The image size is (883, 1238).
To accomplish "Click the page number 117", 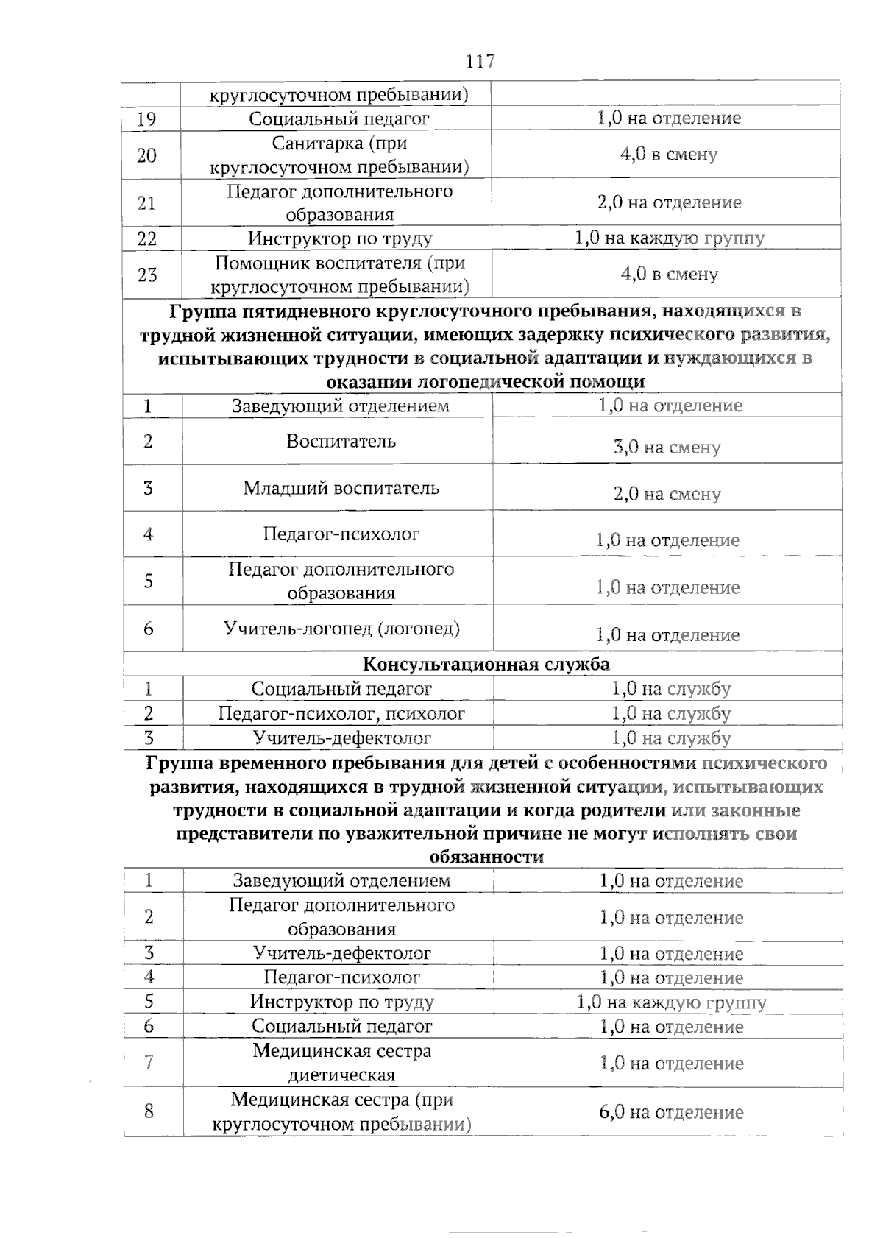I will [x=480, y=62].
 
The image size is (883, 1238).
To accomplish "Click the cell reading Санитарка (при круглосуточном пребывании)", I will [x=339, y=155].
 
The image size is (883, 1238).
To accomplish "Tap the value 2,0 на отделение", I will [x=669, y=202].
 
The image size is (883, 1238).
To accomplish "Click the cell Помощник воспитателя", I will [x=339, y=274].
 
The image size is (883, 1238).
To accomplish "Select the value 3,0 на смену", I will [x=667, y=448].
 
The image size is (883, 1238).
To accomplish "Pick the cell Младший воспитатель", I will [x=341, y=488].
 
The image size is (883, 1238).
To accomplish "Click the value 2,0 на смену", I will [x=667, y=494].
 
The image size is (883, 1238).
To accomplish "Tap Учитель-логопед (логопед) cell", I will [x=341, y=629].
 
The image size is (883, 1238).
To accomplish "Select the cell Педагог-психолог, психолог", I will [x=341, y=713].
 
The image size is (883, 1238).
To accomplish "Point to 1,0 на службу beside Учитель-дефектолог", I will [x=670, y=738].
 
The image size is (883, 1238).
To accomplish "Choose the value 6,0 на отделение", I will [x=670, y=1112].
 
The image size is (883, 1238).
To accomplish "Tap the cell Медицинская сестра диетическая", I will [x=341, y=1063].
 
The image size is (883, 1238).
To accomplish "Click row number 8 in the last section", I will [x=149, y=1111].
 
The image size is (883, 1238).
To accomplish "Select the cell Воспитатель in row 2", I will [x=341, y=441].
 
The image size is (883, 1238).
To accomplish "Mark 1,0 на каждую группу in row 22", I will [x=669, y=238].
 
